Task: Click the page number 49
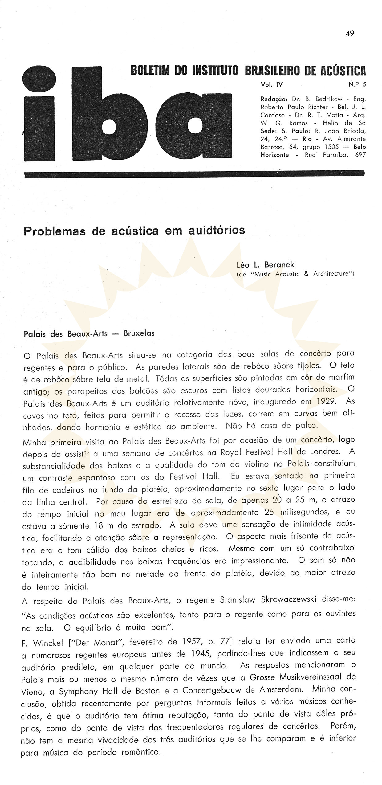(x=350, y=33)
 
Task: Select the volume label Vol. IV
(x=271, y=84)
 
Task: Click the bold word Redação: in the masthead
(x=274, y=99)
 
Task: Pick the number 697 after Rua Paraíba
(x=360, y=155)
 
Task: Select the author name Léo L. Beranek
(x=265, y=264)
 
